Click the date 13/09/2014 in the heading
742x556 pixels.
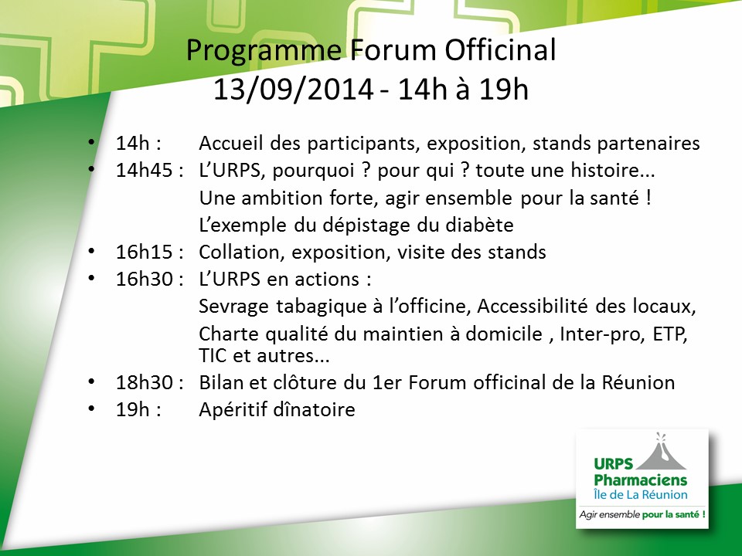click(x=294, y=90)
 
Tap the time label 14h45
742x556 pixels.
click(x=144, y=170)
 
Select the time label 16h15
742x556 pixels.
click(x=144, y=252)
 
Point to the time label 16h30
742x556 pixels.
click(x=144, y=279)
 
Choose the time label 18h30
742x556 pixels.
click(x=144, y=382)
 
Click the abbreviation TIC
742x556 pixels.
click(x=213, y=355)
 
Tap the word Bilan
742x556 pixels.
click(x=220, y=382)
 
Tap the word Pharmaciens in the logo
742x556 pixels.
click(x=640, y=480)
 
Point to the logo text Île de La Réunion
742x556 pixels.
click(x=640, y=495)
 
